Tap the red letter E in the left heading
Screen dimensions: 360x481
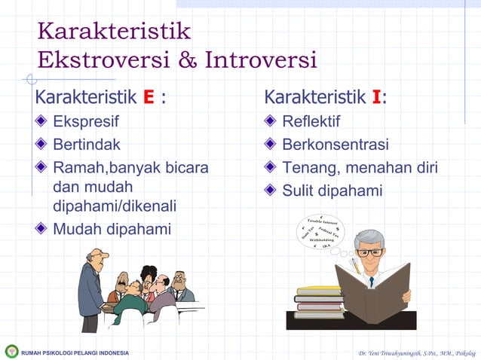149,98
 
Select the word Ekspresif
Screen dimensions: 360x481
85,121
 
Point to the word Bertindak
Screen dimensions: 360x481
86,145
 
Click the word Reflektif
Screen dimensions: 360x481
311,121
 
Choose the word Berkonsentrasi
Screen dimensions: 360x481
335,145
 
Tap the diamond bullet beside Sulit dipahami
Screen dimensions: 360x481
270,191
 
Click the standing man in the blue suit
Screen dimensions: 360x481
90,290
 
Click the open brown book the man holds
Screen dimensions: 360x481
372,294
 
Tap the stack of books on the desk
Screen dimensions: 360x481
319,302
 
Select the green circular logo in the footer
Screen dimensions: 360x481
11,352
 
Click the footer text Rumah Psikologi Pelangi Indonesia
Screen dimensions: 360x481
75,352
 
